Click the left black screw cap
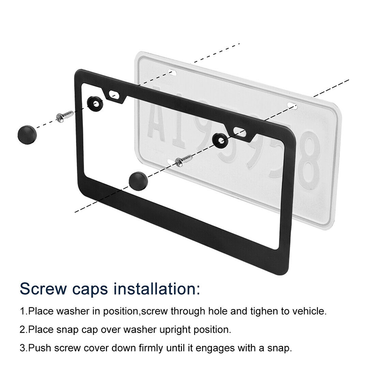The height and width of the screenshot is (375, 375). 27,135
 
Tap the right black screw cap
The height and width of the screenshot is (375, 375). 138,181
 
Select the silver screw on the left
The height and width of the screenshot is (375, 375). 65,116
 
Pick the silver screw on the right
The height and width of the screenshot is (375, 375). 184,160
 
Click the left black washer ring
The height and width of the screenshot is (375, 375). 95,104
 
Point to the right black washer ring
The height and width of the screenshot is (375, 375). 220,141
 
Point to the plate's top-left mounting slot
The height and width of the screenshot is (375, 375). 172,72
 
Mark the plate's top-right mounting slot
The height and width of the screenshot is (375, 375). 292,105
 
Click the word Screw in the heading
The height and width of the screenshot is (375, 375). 43,289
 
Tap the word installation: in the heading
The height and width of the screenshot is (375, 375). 157,288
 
